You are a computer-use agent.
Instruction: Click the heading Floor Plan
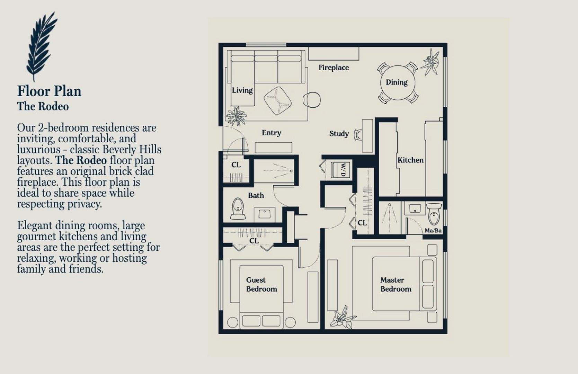49,91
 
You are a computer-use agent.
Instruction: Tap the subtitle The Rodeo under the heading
43,106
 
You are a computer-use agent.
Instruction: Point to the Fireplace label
334,68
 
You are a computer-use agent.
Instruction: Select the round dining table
398,83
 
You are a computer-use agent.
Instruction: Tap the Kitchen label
410,160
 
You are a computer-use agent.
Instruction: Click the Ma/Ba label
433,231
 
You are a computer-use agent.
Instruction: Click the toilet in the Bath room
238,209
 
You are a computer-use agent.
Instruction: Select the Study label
339,134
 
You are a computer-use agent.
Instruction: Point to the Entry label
272,133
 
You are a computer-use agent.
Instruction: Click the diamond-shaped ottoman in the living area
278,101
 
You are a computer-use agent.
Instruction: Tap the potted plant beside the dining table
430,62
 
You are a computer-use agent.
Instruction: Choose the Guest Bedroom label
262,284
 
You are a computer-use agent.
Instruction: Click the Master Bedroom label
396,284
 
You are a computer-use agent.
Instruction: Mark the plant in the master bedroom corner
343,318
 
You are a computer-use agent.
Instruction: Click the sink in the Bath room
265,214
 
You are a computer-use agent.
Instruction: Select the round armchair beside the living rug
312,100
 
